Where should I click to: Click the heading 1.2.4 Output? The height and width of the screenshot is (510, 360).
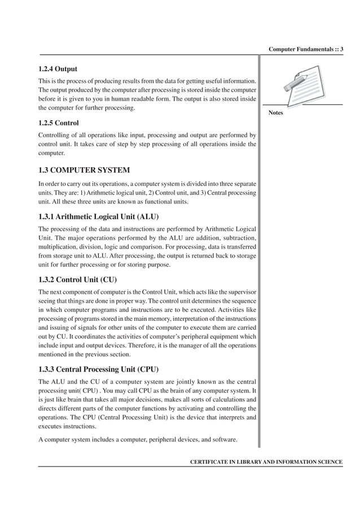click(x=58, y=69)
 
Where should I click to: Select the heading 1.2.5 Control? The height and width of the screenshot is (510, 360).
click(x=58, y=123)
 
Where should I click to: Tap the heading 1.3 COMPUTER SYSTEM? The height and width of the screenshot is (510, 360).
click(x=84, y=170)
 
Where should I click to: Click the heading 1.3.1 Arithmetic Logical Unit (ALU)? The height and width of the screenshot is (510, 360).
click(x=98, y=216)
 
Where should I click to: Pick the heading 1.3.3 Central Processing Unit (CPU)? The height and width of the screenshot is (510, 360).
click(x=98, y=369)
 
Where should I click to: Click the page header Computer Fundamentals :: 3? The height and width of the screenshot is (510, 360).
click(x=306, y=49)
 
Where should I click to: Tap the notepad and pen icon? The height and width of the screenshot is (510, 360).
click(x=305, y=84)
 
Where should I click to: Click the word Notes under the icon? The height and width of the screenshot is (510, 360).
click(x=276, y=113)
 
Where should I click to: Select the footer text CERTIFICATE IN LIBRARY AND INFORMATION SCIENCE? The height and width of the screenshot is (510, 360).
click(x=266, y=462)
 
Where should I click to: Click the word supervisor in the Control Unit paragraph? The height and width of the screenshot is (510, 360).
click(x=240, y=291)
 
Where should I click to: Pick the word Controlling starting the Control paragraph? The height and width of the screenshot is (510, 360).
click(x=55, y=135)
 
